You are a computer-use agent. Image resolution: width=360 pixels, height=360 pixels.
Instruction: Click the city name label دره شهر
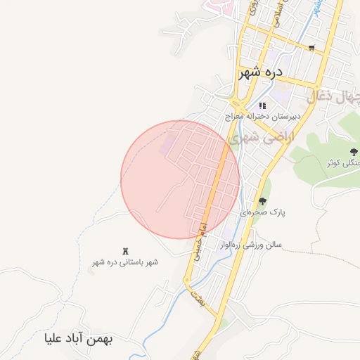[260, 72]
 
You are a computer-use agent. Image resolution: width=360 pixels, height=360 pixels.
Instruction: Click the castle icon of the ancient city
[126, 251]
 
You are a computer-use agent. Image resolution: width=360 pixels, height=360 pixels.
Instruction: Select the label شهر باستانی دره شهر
[125, 262]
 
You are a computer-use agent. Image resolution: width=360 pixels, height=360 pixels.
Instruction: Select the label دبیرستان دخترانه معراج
[263, 115]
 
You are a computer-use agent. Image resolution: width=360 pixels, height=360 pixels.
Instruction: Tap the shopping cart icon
[311, 49]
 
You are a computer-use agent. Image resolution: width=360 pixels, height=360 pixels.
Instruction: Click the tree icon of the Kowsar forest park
[353, 152]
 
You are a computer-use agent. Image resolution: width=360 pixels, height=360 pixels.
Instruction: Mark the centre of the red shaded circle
[180, 179]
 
